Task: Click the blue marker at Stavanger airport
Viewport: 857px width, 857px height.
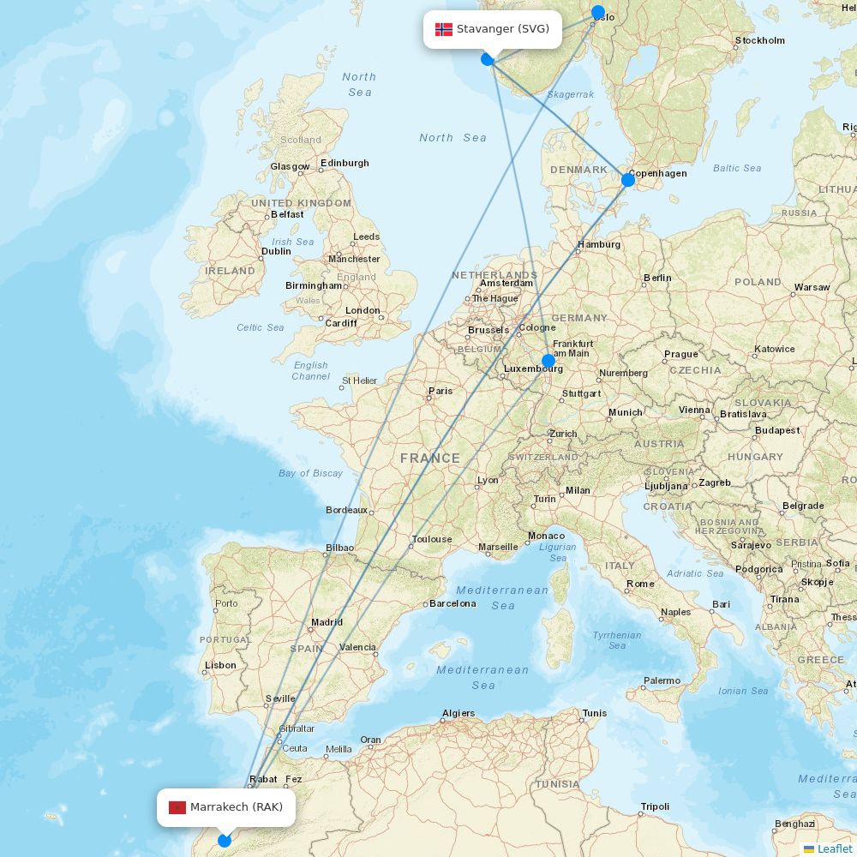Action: click(x=487, y=59)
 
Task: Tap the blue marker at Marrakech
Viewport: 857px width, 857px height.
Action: click(x=225, y=841)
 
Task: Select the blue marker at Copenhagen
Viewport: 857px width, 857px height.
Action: click(x=627, y=179)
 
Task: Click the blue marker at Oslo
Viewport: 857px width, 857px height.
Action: click(x=598, y=13)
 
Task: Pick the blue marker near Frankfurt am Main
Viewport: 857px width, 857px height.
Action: click(x=548, y=361)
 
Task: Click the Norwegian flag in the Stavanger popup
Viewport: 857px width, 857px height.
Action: click(x=444, y=29)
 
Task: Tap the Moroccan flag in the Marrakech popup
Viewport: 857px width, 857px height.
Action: click(x=177, y=807)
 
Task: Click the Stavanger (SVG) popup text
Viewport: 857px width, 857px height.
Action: click(x=502, y=29)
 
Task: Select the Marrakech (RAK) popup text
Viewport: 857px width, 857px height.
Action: click(x=237, y=807)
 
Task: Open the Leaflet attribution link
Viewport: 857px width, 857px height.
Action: click(x=834, y=848)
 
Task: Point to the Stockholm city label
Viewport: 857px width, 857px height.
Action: click(x=759, y=40)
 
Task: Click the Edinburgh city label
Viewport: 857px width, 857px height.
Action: click(x=345, y=163)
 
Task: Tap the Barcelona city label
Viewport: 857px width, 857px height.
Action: click(x=452, y=603)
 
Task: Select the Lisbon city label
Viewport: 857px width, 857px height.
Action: click(x=220, y=665)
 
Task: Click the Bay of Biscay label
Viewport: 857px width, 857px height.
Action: click(x=310, y=473)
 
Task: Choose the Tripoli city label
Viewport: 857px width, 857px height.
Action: click(x=655, y=806)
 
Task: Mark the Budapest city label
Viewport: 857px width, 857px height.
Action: click(x=777, y=430)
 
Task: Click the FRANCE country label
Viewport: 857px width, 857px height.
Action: click(x=430, y=458)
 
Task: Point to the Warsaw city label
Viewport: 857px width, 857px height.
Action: click(x=812, y=287)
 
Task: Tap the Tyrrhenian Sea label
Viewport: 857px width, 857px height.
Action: click(x=617, y=640)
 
